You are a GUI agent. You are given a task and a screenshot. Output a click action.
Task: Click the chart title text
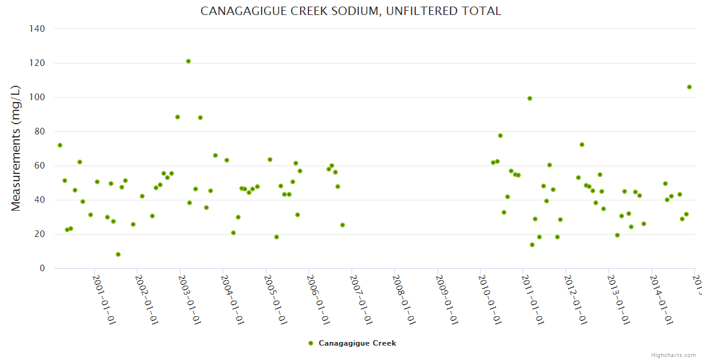point(350,11)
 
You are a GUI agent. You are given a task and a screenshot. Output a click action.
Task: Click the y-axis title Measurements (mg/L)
point(16,148)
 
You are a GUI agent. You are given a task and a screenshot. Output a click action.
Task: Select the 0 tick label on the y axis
point(42,268)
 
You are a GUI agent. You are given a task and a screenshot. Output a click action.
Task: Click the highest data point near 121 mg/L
point(188,61)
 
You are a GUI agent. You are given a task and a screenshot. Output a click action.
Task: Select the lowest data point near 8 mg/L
point(118,254)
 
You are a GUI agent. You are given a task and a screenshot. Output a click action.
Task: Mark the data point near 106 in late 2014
point(689,87)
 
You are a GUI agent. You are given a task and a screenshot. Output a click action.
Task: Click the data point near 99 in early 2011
point(530,98)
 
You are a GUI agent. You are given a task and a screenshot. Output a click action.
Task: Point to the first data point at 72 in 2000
point(60,145)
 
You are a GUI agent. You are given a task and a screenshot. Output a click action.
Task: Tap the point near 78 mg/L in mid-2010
point(500,136)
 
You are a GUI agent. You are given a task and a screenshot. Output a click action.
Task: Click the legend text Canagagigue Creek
point(357,343)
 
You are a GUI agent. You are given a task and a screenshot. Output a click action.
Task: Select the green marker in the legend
point(311,343)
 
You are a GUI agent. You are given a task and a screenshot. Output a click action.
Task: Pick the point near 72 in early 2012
point(582,145)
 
